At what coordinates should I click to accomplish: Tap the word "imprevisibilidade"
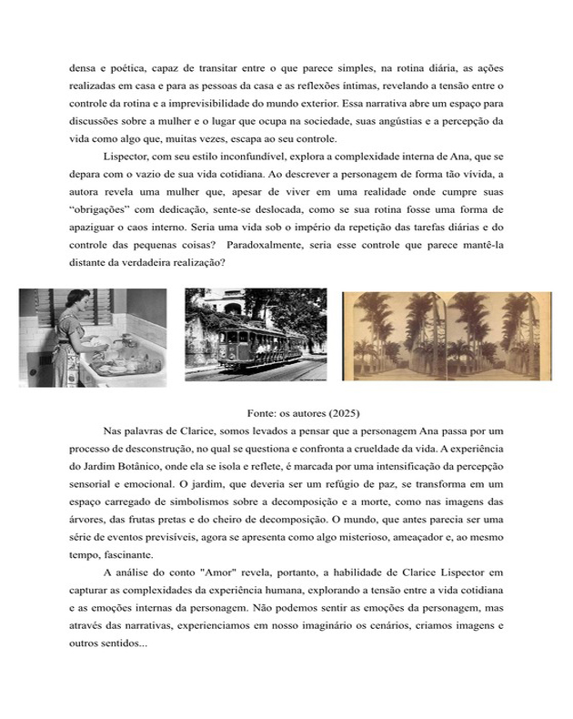206,104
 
